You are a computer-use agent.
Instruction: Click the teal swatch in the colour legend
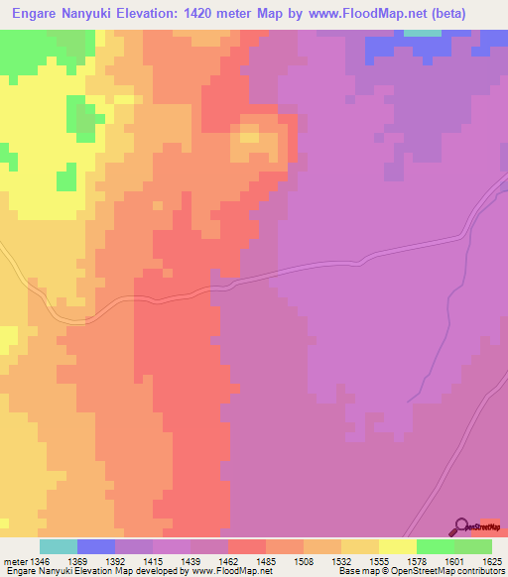click(x=59, y=546)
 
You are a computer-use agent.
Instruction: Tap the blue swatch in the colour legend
click(x=96, y=546)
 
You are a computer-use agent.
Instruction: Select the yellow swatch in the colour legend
click(x=398, y=546)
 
